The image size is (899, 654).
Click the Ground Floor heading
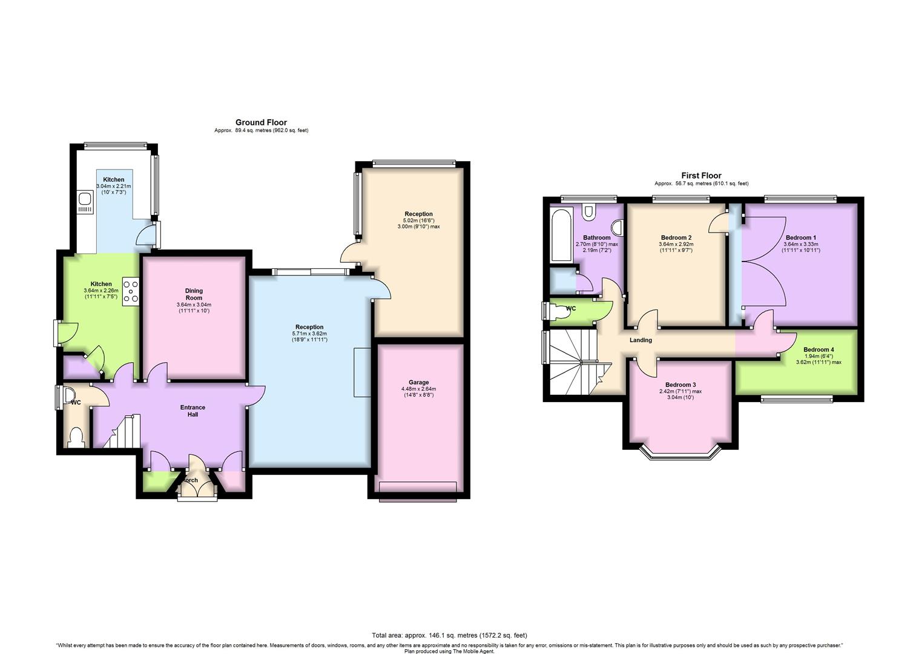(262, 122)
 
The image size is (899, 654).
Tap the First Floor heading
(701, 176)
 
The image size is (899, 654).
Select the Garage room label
(418, 382)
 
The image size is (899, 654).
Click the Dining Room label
(194, 294)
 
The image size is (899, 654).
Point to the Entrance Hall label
(193, 411)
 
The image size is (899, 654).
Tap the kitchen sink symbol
(85, 203)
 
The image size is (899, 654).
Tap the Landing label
(640, 340)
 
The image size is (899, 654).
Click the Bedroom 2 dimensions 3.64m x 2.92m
(676, 243)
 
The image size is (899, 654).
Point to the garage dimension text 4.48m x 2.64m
(418, 389)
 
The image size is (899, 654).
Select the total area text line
(449, 635)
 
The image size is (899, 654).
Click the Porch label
(190, 480)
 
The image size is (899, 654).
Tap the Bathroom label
(597, 237)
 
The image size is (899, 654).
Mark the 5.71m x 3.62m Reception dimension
(309, 333)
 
